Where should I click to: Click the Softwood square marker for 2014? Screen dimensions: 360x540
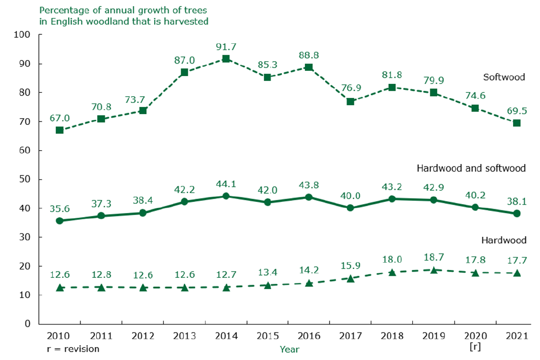[x=226, y=58]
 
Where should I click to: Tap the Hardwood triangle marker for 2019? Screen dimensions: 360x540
[x=434, y=270]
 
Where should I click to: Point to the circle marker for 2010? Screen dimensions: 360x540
[x=60, y=220]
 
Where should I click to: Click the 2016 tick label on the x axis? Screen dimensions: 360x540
[x=309, y=336]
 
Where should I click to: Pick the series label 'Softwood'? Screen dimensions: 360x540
[x=504, y=77]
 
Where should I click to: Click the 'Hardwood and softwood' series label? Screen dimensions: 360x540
[x=471, y=168]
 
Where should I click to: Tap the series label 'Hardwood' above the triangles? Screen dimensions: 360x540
[x=504, y=240]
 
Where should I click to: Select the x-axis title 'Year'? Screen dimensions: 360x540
[x=290, y=349]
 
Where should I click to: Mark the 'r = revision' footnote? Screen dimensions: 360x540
[x=74, y=349]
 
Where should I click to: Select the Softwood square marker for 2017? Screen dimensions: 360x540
[x=350, y=101]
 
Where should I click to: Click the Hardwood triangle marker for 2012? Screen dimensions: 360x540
[x=143, y=287]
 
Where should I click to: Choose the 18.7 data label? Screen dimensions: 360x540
[x=433, y=256]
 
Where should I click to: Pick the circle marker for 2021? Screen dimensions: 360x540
[x=516, y=213]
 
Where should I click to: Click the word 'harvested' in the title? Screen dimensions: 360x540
[x=186, y=21]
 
